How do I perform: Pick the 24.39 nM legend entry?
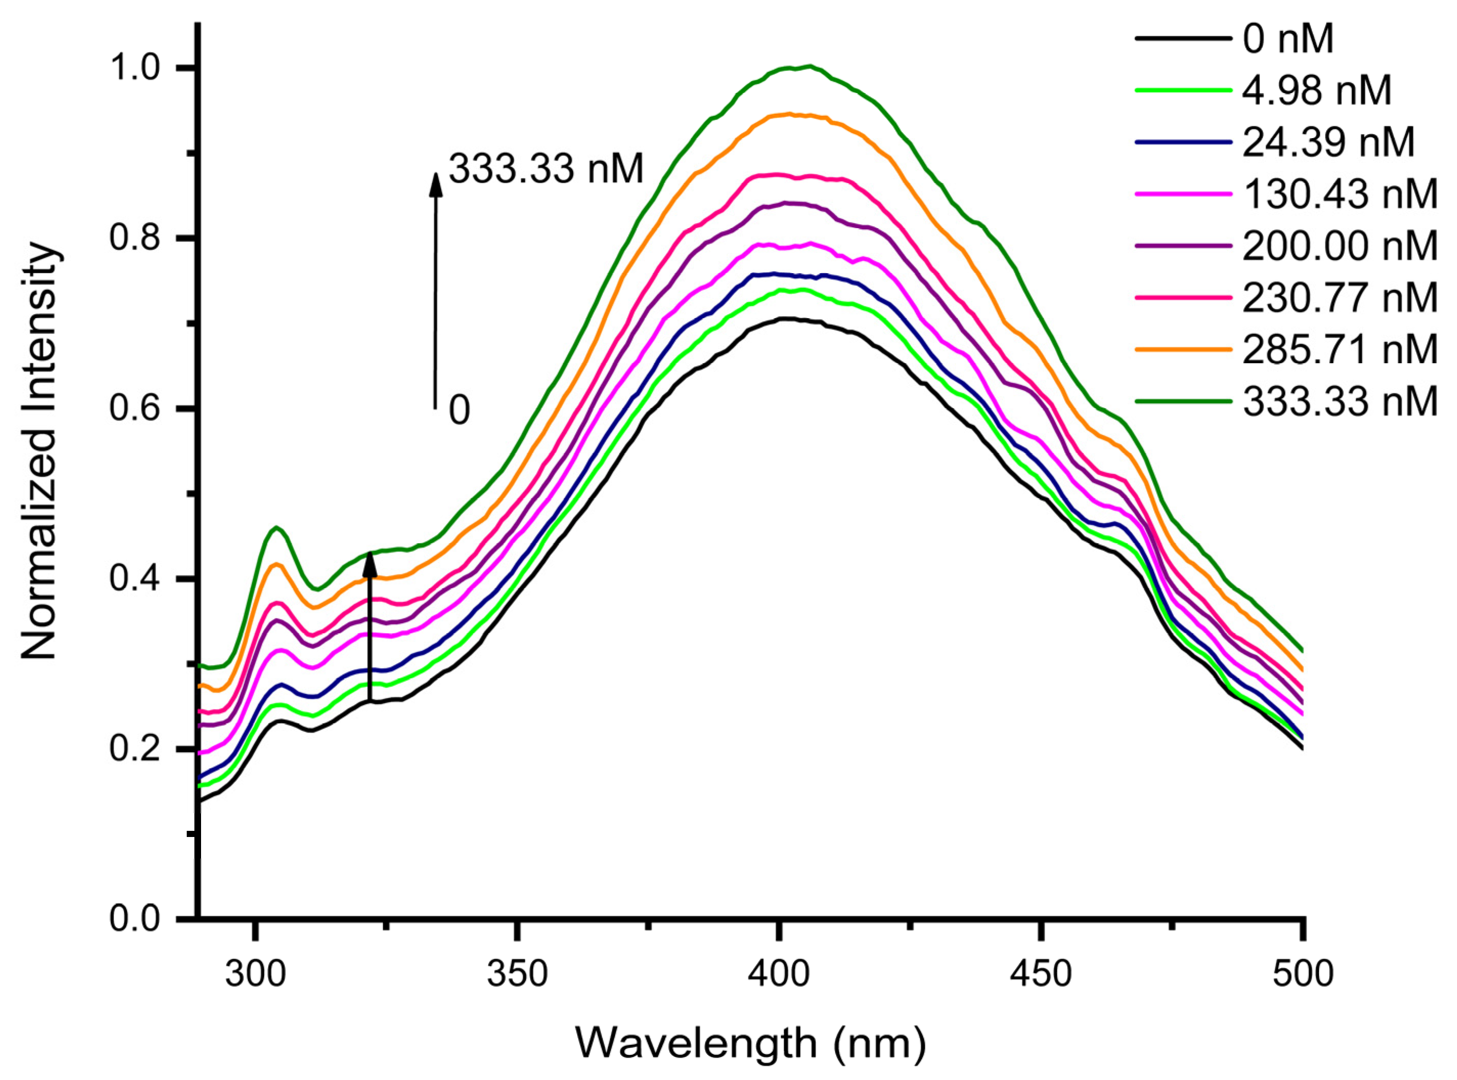(x=1328, y=143)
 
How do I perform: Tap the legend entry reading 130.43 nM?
(x=1339, y=194)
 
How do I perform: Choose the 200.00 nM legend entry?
(x=1339, y=246)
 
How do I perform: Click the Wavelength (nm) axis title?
(x=750, y=1043)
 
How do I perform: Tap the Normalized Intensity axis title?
(x=40, y=451)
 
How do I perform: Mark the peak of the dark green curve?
(x=809, y=66)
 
